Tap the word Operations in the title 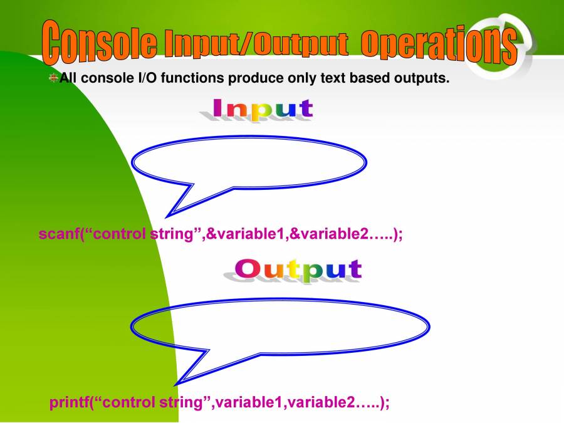click(x=439, y=46)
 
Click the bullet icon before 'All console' click(x=53, y=78)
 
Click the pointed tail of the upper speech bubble click(x=167, y=217)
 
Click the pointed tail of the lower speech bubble click(x=176, y=384)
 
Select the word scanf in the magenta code click(x=59, y=234)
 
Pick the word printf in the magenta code click(x=68, y=402)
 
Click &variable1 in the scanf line click(x=245, y=234)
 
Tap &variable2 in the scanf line click(x=329, y=234)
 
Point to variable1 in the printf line click(x=248, y=402)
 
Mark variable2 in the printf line click(x=320, y=402)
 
